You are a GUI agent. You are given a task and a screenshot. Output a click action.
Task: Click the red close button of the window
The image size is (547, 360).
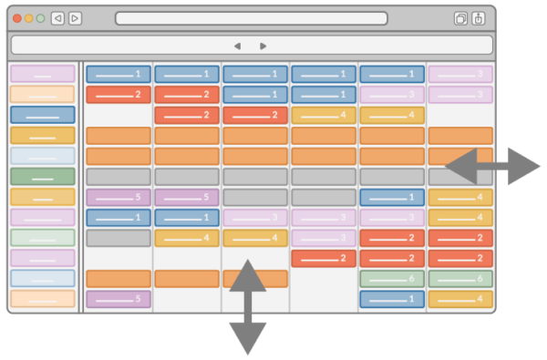tap(17, 18)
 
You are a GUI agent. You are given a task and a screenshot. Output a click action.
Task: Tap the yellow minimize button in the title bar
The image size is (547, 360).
tap(29, 18)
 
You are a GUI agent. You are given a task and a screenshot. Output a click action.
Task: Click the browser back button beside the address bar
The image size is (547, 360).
tap(57, 18)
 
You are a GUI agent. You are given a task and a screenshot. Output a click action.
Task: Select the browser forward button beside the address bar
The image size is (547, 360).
tap(75, 18)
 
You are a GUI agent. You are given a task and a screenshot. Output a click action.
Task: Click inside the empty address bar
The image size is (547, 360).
tap(251, 18)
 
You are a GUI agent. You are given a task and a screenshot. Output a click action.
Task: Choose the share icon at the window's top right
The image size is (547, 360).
tap(479, 18)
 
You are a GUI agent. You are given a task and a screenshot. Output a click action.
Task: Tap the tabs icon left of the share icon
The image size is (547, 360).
tap(460, 18)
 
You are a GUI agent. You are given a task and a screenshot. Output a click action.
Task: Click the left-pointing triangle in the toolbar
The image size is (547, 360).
tap(237, 46)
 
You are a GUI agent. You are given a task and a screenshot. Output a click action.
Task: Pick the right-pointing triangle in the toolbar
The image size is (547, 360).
tap(263, 46)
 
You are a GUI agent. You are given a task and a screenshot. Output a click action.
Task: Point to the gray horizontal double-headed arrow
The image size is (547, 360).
tap(492, 167)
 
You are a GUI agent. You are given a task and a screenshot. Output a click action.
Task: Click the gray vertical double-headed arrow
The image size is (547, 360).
tap(247, 306)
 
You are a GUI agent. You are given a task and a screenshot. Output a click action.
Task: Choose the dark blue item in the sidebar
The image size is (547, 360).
tap(43, 115)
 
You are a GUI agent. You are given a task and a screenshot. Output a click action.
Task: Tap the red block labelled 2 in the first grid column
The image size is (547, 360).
tap(119, 94)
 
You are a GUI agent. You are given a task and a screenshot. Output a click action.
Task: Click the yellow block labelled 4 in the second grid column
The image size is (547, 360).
tap(187, 238)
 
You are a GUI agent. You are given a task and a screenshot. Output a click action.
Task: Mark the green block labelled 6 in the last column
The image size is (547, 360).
tap(460, 279)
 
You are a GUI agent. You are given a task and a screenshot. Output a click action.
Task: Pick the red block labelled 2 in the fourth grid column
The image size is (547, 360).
tap(324, 259)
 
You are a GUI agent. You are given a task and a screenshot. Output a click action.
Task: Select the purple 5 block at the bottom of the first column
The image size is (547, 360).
tap(119, 299)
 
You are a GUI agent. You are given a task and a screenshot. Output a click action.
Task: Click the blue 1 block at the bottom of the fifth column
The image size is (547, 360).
tap(392, 299)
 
